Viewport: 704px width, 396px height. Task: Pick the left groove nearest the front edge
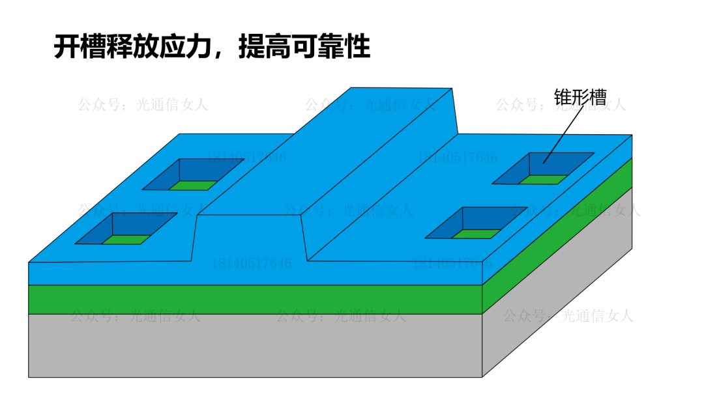click(126, 229)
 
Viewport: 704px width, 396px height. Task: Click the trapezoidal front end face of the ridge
click(248, 238)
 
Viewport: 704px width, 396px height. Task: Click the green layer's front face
click(254, 299)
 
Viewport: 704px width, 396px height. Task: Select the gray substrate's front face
click(254, 345)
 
